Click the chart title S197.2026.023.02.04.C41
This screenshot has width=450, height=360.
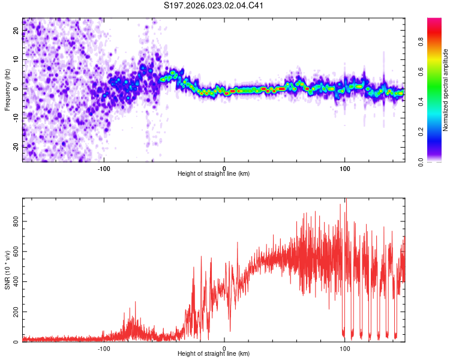coord(214,6)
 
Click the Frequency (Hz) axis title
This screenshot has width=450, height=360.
coord(7,90)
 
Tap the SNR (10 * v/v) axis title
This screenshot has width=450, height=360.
coord(7,270)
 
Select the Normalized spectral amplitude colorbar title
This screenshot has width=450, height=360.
coord(446,90)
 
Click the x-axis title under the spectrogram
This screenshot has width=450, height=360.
coord(214,173)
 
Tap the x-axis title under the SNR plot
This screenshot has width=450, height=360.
coord(214,354)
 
